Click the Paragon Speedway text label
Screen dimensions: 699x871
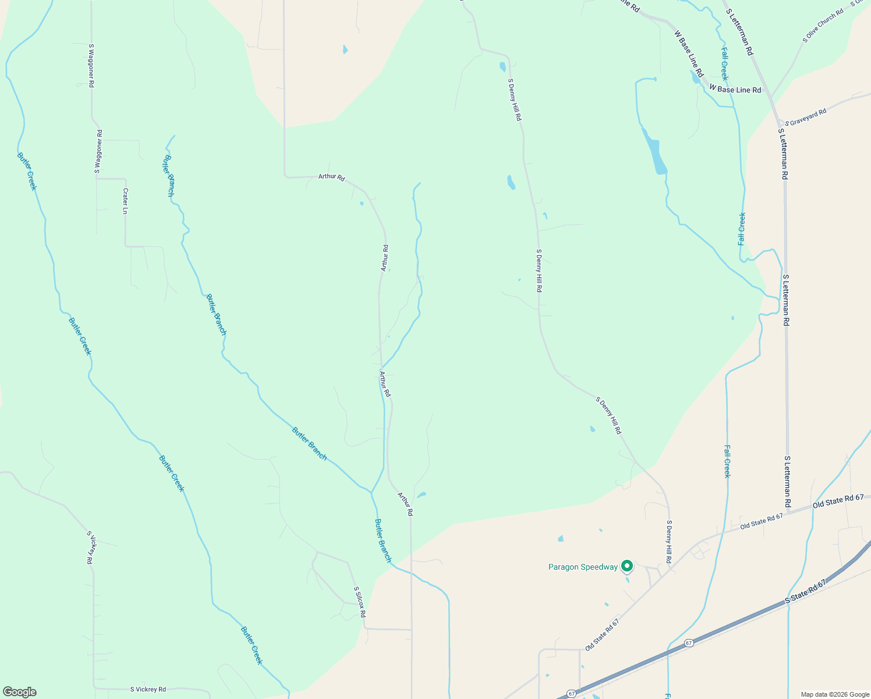583,567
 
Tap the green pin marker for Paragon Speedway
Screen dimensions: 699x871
627,566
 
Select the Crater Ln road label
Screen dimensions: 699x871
125,201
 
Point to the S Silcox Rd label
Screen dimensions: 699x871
360,602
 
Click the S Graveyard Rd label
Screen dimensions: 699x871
806,117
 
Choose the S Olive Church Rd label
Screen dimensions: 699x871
823,26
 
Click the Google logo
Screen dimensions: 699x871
19,692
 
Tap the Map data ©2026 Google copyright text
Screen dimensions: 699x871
834,694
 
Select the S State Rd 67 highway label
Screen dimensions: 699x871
805,591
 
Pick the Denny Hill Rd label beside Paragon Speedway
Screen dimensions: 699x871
670,542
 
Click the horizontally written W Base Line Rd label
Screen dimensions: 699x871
735,90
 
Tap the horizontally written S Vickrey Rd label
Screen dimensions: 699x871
148,689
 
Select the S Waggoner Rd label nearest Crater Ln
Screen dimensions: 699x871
98,151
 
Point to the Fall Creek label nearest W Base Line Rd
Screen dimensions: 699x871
724,64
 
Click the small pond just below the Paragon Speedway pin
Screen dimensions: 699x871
627,580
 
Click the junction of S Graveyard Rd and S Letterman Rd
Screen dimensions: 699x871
780,124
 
